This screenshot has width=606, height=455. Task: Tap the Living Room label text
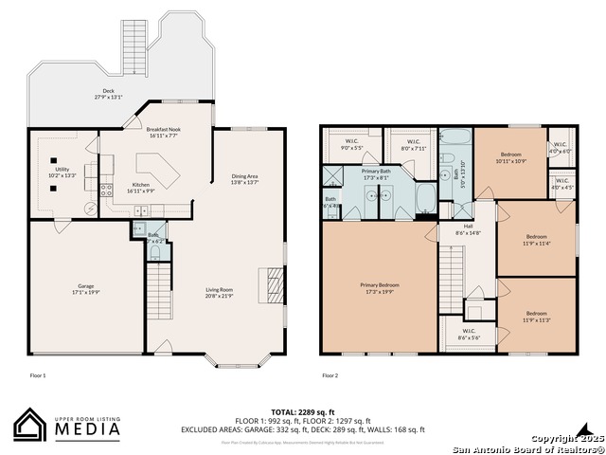220,293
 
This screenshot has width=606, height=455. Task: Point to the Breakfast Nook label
163,133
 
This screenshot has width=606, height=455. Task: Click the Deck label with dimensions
108,95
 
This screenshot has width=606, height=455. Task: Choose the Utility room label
62,172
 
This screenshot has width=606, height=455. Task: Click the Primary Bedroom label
379,287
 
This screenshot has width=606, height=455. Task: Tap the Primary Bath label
376,173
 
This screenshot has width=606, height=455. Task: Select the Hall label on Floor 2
468,229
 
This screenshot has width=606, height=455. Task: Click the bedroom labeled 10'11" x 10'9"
510,157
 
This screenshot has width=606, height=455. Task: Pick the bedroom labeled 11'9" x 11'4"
536,240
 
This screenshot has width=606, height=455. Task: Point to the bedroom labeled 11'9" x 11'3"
536,316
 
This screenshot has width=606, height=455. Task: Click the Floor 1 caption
38,375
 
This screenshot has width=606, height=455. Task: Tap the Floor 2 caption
330,375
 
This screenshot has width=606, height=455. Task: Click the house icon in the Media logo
31,426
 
